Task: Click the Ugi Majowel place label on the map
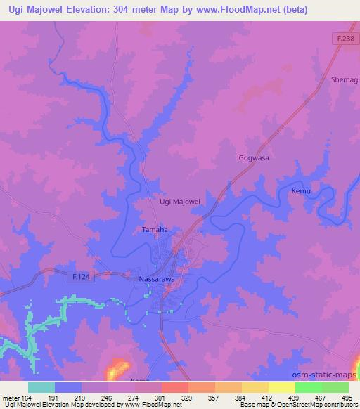coord(181,202)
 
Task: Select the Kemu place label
coord(301,191)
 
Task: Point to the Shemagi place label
coord(345,80)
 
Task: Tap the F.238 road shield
coord(345,39)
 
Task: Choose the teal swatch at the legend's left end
coord(41,387)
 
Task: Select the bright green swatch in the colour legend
coord(309,387)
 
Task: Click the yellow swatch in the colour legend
coord(282,387)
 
